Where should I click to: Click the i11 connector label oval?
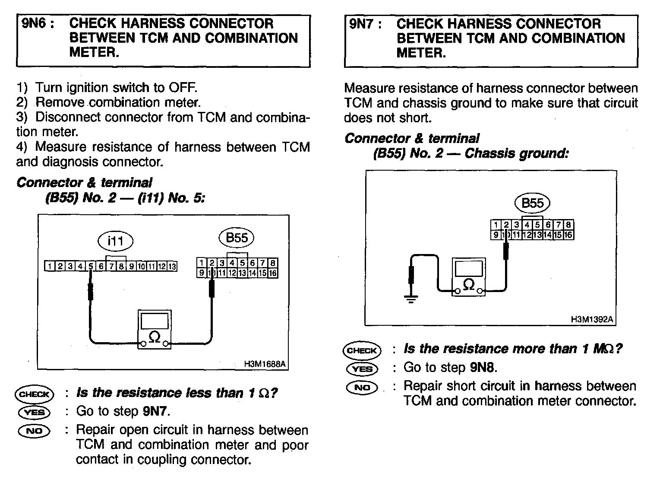point(115,241)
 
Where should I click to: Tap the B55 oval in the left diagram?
point(237,238)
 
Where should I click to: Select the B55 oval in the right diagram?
point(532,203)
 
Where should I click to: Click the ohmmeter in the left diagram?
point(155,330)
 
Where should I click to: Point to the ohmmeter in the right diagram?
point(468,277)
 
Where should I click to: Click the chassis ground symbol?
point(411,298)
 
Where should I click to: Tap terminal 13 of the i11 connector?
point(172,267)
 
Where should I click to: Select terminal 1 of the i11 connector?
point(50,267)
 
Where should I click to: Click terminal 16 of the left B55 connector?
point(273,273)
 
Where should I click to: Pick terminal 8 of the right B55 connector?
point(568,225)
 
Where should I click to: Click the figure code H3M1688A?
point(265,364)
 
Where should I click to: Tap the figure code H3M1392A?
point(592,320)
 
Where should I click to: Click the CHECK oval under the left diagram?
point(34,394)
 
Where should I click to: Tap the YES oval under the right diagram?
point(362,369)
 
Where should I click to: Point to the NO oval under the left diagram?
point(34,431)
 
